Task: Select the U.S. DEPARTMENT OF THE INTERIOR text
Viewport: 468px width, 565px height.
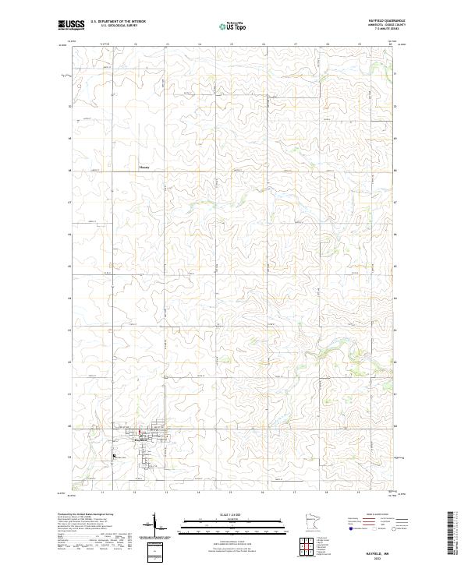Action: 118,23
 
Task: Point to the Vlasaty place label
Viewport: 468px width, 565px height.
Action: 144,166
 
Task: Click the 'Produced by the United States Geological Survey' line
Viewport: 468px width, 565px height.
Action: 85,514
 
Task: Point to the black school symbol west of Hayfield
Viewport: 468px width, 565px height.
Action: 114,456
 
